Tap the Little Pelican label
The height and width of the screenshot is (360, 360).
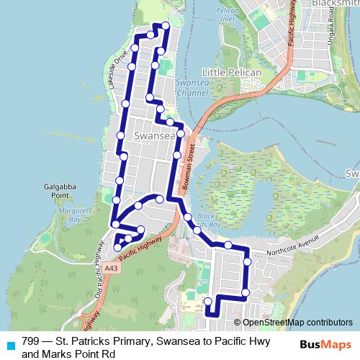click(x=229, y=73)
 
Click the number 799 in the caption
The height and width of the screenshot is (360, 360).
click(x=30, y=341)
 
